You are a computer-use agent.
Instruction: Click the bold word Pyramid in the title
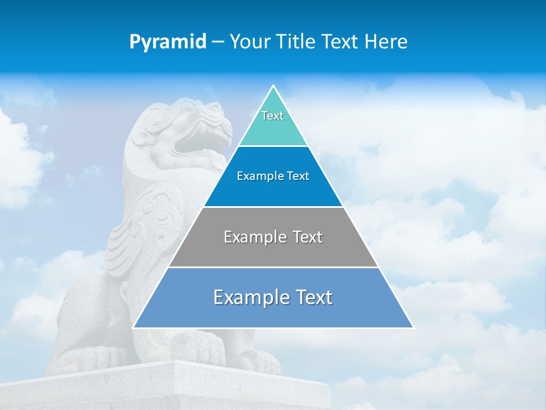168,42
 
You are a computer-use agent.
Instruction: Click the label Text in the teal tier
272,116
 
